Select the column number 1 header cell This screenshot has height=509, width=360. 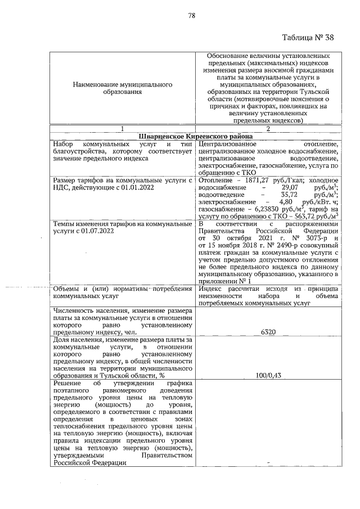122,130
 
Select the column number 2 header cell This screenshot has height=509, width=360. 268,130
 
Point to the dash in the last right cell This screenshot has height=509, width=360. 268,462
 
